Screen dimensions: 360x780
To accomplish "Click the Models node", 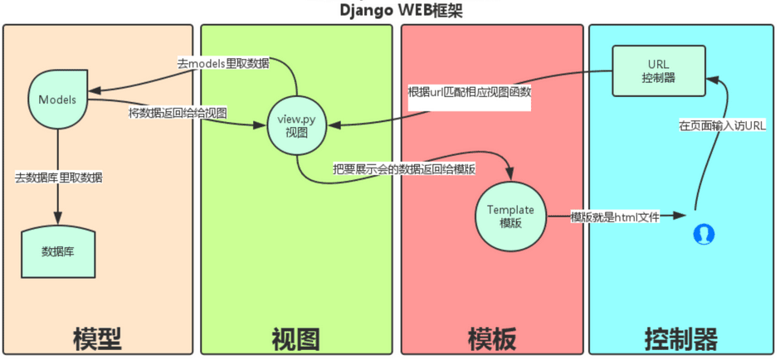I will point(58,99).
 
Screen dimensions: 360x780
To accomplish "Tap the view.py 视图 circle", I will point(296,127).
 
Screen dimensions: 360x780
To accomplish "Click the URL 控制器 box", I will point(658,71).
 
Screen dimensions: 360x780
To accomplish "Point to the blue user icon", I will point(704,235).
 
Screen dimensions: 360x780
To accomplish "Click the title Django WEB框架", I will point(390,10).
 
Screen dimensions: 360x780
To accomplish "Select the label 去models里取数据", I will point(222,63).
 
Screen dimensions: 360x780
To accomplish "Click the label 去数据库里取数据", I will point(59,177).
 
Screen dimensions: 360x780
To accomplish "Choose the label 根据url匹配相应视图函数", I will point(469,91).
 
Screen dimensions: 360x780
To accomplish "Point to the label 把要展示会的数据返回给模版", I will point(404,169).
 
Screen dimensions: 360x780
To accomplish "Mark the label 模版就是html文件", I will point(614,216).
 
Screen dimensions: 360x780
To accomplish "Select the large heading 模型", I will point(98,338).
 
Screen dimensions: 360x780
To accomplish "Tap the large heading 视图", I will point(296,338).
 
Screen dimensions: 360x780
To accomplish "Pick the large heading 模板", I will point(493,338).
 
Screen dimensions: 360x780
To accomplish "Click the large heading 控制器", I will point(681,338).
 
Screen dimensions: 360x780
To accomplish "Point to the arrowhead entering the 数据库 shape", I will point(58,220).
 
